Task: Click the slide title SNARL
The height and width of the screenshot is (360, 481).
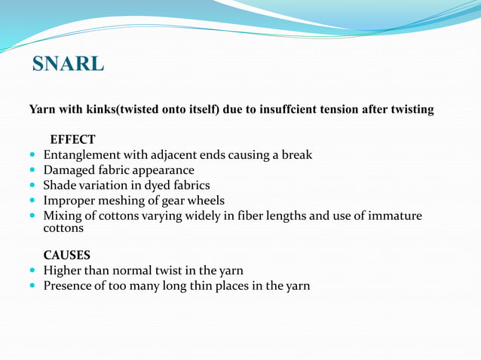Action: click(69, 64)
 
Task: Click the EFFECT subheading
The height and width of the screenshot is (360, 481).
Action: click(72, 139)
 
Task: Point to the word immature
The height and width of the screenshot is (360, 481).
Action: click(394, 216)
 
